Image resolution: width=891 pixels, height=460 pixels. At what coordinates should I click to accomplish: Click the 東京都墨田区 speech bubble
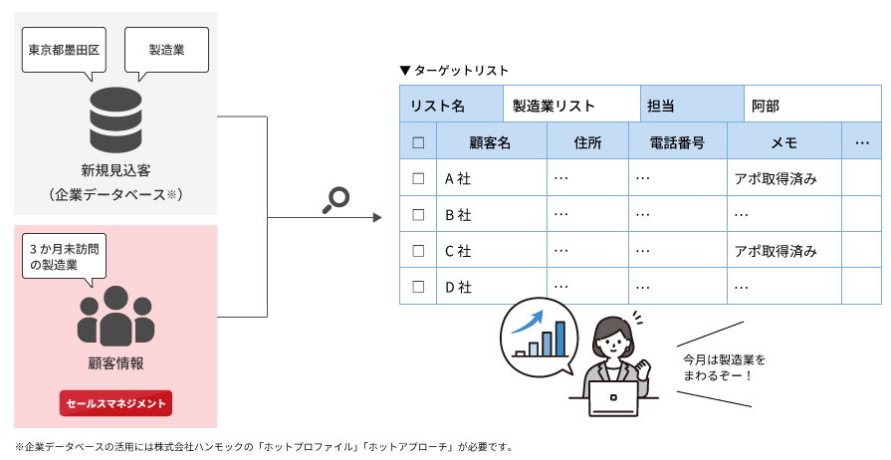point(64,49)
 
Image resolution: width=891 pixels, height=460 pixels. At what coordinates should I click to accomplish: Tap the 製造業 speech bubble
point(166,49)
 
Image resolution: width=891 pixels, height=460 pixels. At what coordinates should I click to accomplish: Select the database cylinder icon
point(115,119)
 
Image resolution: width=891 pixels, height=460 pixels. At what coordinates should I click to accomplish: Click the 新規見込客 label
point(115,170)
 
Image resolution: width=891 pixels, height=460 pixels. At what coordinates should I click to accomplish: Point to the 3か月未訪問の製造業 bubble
point(63,256)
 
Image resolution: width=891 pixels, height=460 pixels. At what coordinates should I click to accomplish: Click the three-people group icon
point(115,316)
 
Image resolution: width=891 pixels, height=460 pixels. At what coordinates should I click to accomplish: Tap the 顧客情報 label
point(115,362)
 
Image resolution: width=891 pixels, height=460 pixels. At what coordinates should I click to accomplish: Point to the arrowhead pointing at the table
point(376,217)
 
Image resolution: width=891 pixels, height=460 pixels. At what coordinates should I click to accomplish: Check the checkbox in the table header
point(418,142)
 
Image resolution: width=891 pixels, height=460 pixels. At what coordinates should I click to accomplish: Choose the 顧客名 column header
point(491,142)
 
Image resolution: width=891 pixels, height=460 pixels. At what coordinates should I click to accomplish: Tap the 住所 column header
point(587,142)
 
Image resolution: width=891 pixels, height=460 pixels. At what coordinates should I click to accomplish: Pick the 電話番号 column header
point(677,142)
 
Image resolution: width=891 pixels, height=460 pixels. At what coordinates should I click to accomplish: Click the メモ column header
point(783,142)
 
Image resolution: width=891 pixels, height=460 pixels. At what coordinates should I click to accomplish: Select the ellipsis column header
point(861,142)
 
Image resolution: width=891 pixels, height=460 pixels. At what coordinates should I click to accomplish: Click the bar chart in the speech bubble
point(540,335)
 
